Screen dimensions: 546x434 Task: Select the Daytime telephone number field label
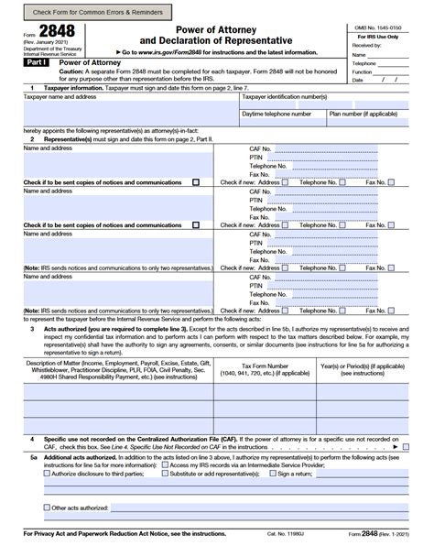(x=277, y=115)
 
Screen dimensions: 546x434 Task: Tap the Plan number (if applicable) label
(x=363, y=115)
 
